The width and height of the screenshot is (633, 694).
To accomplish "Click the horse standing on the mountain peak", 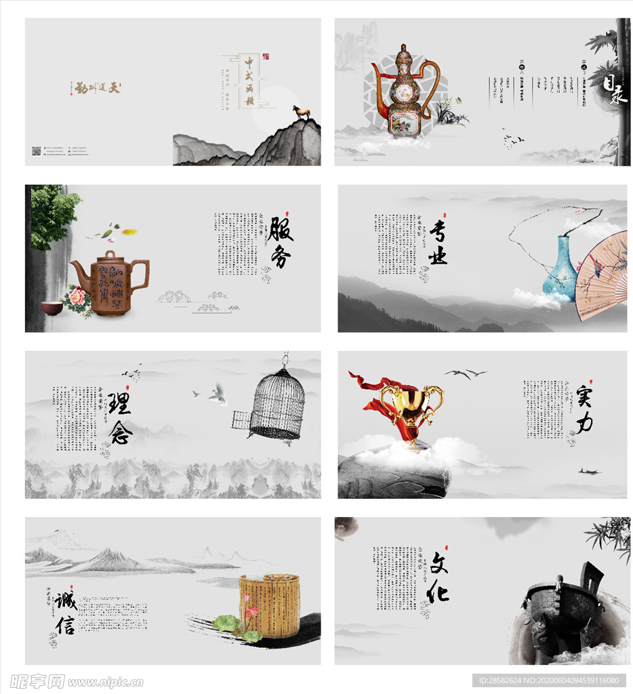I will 301,113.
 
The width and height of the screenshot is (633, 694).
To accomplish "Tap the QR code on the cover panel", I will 37,150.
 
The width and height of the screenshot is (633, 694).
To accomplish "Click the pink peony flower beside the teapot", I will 76,298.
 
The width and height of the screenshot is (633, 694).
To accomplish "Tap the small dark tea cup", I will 52,308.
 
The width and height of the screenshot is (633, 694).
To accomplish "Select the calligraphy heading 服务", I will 280,242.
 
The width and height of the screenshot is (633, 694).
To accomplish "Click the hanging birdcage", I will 276,404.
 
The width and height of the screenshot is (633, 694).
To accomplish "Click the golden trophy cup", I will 411,413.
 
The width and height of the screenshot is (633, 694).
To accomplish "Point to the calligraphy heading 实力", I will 584,409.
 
